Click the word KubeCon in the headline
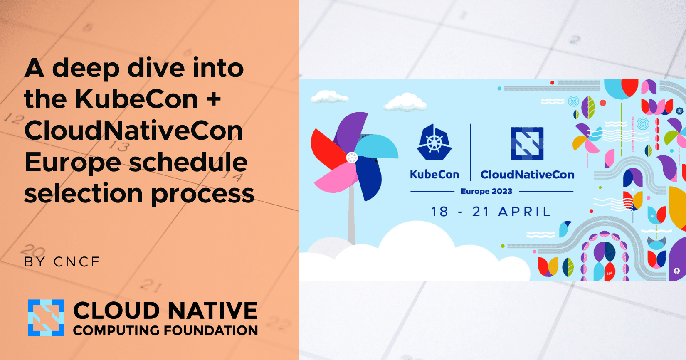pos(136,99)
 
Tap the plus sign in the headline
pos(214,99)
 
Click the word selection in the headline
pos(84,194)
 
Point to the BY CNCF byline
pos(62,262)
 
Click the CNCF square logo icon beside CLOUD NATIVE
pos(46,318)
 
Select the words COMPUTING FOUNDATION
pos(165,331)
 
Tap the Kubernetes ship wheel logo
pos(434,143)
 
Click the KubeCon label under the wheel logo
pos(434,175)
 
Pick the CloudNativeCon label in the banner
pos(527,175)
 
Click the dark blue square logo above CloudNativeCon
pos(527,143)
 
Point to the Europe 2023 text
pos(486,191)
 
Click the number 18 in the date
pos(439,212)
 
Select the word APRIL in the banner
pos(524,212)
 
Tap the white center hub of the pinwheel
pos(352,158)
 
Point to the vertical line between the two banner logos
pos(471,152)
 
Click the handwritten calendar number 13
pos(119,146)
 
